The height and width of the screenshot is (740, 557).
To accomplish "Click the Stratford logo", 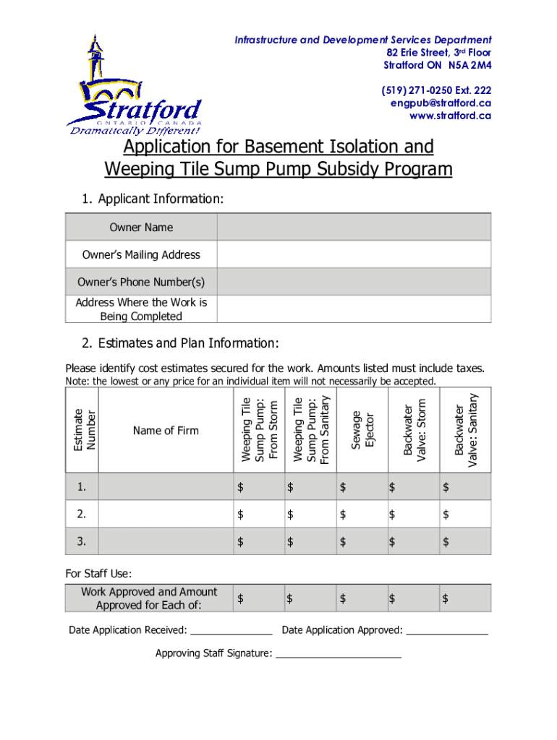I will coord(134,87).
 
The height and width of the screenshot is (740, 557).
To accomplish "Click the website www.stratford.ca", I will coord(450,115).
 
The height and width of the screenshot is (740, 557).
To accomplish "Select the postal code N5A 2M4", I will coord(469,65).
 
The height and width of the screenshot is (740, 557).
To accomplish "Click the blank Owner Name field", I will coord(354,227).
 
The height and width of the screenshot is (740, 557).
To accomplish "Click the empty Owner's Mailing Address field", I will coord(354,254).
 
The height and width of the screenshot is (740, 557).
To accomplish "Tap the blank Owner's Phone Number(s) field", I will coord(354,281).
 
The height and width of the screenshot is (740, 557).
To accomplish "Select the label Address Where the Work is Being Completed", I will coord(141,309).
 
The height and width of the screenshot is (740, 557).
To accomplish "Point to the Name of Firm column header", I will coord(166,431).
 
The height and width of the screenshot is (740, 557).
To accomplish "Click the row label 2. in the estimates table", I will coord(82,515).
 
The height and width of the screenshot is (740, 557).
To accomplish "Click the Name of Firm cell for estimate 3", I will coord(165,541).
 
